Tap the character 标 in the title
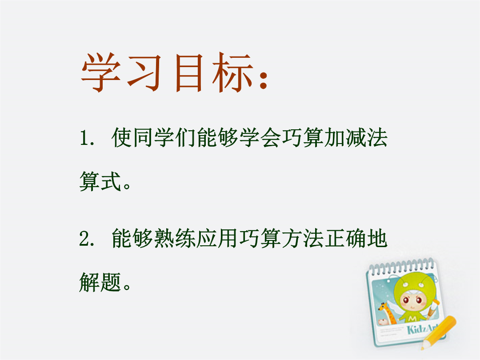pos(232,73)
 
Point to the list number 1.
pos(85,138)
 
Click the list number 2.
pos(86,239)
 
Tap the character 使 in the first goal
pos(122,137)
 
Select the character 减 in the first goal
pos(356,137)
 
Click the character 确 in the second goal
pos(356,239)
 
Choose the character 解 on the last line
pos(90,282)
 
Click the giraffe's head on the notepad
pos(383,307)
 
